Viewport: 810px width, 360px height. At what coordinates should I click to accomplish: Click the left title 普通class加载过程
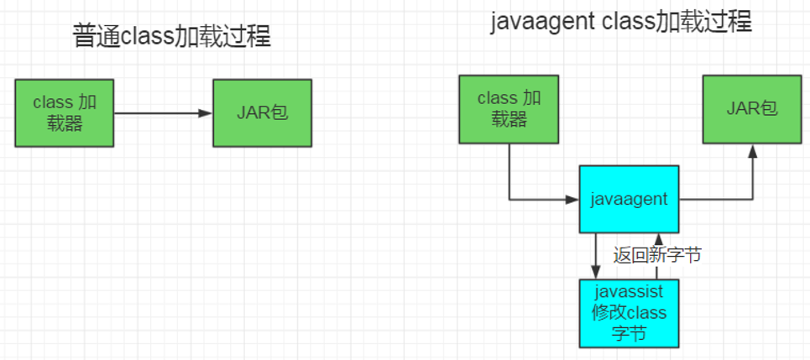[173, 37]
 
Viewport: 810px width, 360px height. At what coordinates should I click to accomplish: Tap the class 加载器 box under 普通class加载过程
[64, 113]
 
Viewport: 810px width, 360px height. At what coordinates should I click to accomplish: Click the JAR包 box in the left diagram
[262, 113]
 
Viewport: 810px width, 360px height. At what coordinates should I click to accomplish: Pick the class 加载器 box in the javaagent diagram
[509, 109]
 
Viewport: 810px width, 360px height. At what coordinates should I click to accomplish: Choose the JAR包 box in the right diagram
[752, 109]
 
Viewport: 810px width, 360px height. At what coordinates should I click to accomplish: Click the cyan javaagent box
[629, 199]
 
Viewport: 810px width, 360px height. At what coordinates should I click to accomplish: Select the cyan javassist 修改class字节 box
[629, 313]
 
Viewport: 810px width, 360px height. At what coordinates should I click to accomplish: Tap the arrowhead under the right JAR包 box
[752, 150]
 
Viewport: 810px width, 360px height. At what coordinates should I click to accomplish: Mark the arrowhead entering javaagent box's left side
[573, 200]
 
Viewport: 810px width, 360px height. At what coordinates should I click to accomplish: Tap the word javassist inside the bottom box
[629, 293]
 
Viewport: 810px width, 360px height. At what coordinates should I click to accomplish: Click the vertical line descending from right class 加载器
[509, 172]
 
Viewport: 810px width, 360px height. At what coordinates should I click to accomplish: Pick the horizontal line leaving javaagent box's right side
[713, 200]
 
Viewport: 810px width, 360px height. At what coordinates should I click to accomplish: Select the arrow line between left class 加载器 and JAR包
[159, 113]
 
